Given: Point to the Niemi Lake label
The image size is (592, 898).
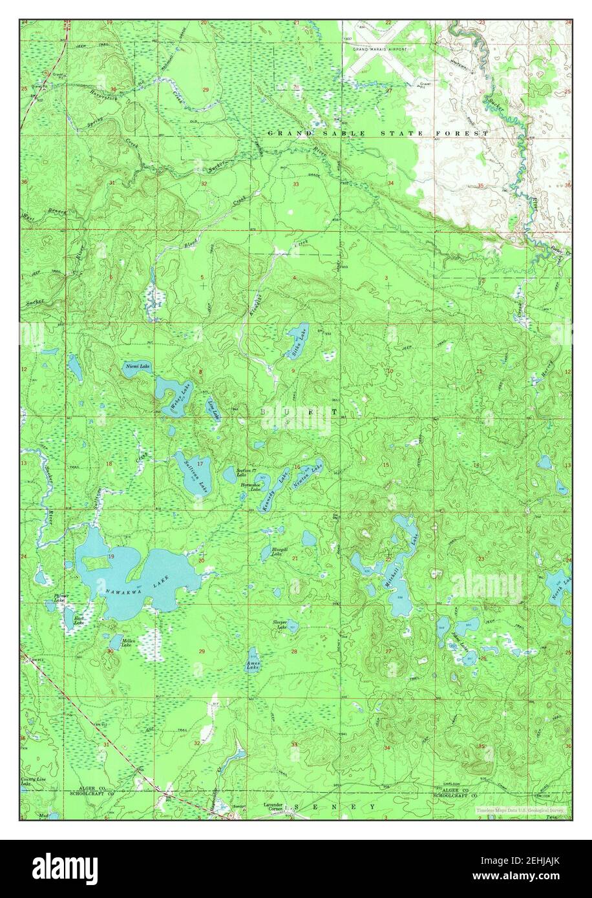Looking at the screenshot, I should (x=137, y=366).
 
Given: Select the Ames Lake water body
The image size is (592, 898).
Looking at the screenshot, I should (x=253, y=660).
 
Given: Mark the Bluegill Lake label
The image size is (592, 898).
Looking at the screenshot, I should (x=278, y=552).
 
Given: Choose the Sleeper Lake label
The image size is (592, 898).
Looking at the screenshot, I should (x=280, y=624).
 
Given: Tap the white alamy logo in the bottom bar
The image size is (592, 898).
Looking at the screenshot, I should (x=65, y=868).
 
